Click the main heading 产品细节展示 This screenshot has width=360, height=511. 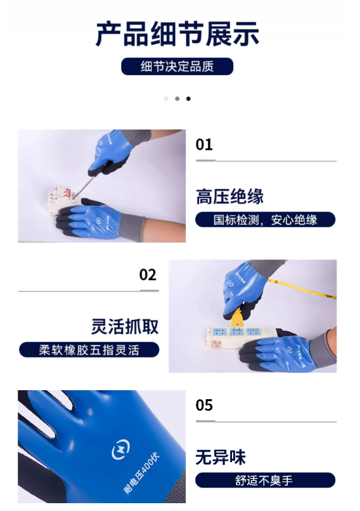[x=177, y=34]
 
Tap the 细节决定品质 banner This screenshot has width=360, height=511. [x=177, y=67]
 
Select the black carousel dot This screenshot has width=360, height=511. [x=188, y=99]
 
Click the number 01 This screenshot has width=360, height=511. [x=204, y=145]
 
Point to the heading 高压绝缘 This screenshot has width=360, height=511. [x=230, y=197]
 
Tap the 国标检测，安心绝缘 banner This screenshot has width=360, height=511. [x=265, y=219]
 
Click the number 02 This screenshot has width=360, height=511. [x=148, y=275]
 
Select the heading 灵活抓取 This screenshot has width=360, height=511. [x=125, y=326]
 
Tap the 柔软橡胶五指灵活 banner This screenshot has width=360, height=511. [x=90, y=350]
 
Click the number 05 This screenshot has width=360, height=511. [x=204, y=405]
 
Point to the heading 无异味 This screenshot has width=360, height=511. [x=221, y=457]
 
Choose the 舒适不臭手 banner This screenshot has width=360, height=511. [x=265, y=480]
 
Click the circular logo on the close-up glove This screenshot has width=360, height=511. [x=121, y=450]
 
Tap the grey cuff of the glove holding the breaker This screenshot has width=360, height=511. [x=132, y=228]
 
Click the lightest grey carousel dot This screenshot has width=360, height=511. [x=166, y=99]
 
